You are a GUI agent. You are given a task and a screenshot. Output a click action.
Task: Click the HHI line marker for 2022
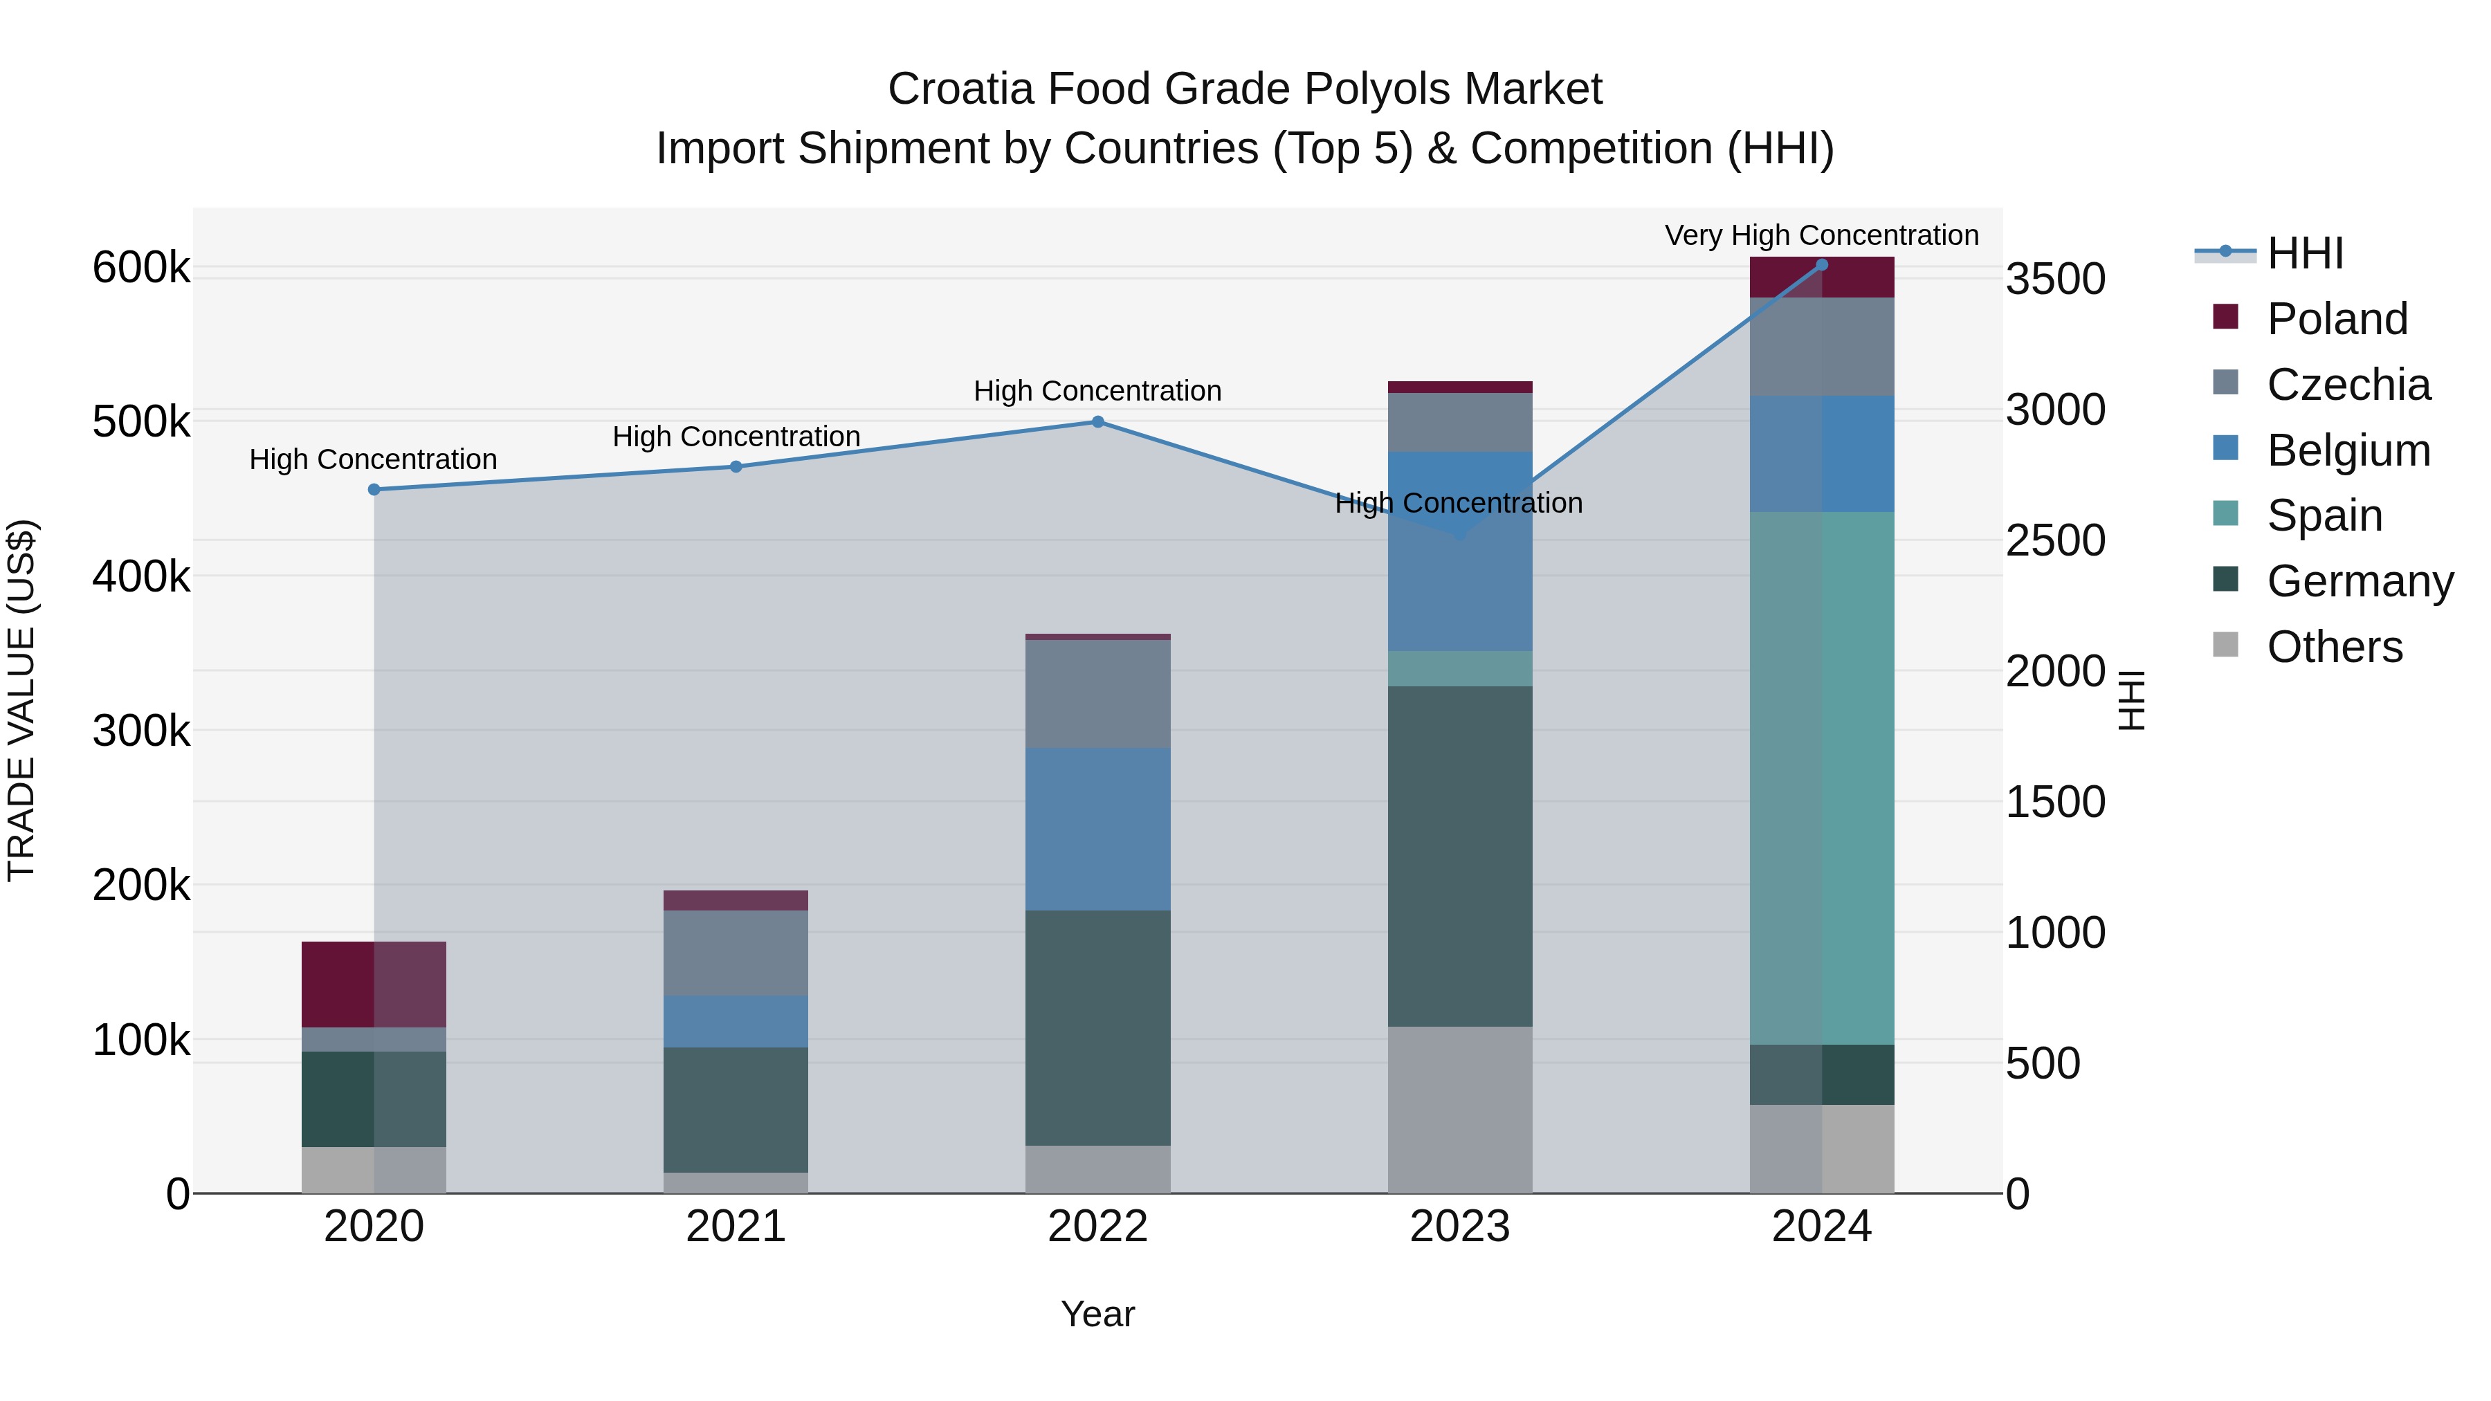1097,421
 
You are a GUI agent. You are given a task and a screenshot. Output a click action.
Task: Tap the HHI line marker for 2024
1822,264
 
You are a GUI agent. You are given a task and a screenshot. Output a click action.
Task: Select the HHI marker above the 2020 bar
374,489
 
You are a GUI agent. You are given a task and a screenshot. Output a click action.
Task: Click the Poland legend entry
2336,319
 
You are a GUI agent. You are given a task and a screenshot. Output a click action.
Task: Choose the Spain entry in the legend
2324,515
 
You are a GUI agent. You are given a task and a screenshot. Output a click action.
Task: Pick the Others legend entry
2335,647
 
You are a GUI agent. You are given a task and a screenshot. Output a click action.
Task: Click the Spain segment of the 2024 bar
1822,778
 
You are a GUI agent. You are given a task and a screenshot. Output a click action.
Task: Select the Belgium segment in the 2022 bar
1097,829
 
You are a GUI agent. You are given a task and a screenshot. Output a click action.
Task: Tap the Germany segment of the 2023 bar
1460,856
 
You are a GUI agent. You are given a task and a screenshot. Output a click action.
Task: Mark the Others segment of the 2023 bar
1460,1109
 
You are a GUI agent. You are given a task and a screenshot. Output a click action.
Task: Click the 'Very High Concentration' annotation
1822,235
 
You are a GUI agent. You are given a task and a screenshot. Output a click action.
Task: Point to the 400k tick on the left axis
141,577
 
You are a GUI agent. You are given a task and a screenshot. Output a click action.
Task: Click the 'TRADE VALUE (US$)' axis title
21,700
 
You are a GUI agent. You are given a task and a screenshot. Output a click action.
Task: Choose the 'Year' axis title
1097,1314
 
